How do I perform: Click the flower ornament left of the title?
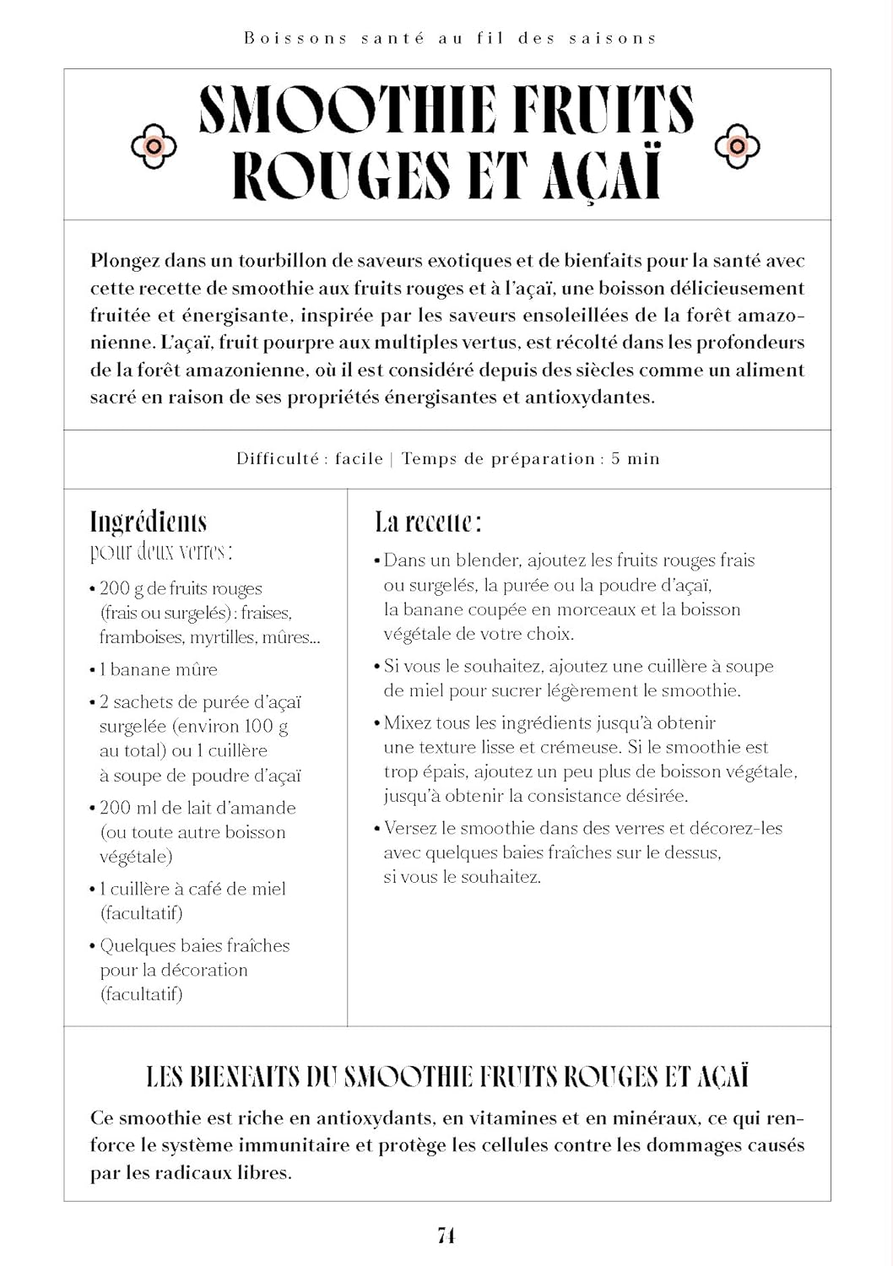pyautogui.click(x=154, y=146)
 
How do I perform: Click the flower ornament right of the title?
pyautogui.click(x=737, y=146)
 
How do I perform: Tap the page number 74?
pyautogui.click(x=446, y=1235)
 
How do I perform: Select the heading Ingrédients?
pyautogui.click(x=149, y=522)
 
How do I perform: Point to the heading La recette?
pyautogui.click(x=428, y=522)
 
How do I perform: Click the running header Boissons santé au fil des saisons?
pyautogui.click(x=450, y=38)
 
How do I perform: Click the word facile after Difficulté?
pyautogui.click(x=359, y=459)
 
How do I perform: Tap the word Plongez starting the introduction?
pyautogui.click(x=125, y=261)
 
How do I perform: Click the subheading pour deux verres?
pyautogui.click(x=161, y=553)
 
